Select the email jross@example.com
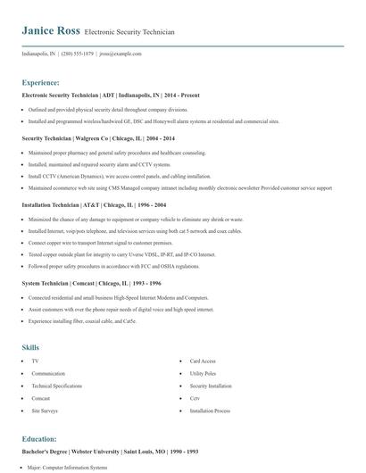click(x=121, y=54)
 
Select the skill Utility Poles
click(x=203, y=373)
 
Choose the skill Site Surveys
click(x=44, y=411)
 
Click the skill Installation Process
click(x=210, y=411)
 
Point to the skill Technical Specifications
click(x=56, y=386)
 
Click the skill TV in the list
click(x=35, y=361)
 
